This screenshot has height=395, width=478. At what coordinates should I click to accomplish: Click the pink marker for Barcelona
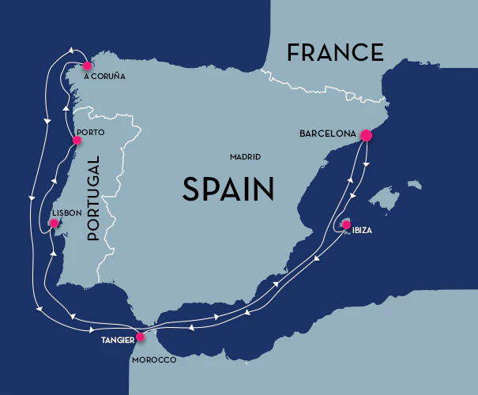coord(366,135)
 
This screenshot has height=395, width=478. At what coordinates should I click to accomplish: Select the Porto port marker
coord(77,141)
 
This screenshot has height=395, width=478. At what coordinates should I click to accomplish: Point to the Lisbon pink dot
coord(54,224)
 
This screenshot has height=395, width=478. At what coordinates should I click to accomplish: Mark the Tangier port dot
coord(140,337)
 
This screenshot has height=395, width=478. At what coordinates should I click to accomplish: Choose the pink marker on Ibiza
coord(345,224)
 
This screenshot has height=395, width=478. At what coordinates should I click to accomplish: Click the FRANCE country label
coord(335,53)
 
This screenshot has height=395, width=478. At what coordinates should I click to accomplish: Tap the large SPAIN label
coord(228,189)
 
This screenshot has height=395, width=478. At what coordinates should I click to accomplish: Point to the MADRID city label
coord(245,157)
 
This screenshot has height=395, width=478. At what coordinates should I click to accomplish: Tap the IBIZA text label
coord(359,231)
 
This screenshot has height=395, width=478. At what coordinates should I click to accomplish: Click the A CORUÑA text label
coord(104,77)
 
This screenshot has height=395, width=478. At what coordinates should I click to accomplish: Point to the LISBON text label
coord(66,213)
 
